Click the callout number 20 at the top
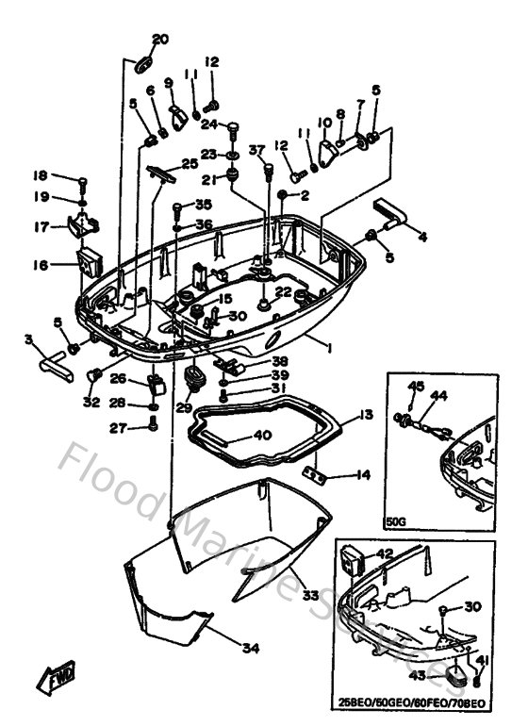(160, 39)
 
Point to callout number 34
(249, 648)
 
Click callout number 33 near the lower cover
(310, 595)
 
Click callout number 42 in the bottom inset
(385, 554)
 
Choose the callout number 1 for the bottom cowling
(329, 348)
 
